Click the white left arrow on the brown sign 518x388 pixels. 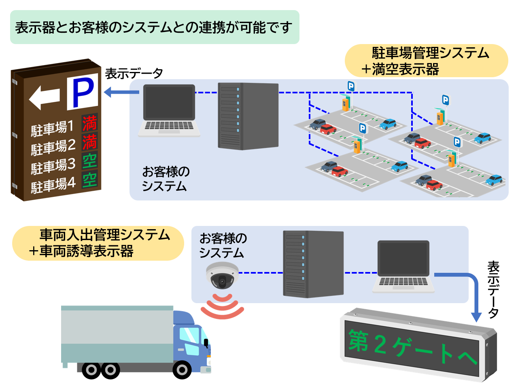[x=44, y=97]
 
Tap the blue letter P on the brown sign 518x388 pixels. [x=83, y=92]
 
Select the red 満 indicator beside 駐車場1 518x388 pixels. [x=89, y=123]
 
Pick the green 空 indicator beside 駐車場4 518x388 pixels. [x=89, y=179]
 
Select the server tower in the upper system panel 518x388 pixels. [x=248, y=116]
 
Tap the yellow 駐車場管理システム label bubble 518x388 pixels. [x=426, y=61]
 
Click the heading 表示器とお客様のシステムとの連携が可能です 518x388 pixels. [x=154, y=27]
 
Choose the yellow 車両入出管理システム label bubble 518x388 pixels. [x=98, y=243]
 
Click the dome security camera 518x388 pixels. [x=222, y=276]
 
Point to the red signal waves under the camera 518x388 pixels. [x=222, y=307]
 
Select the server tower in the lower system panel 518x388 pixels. [x=313, y=264]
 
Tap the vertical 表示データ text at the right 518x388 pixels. [x=493, y=289]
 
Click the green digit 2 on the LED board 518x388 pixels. [x=380, y=344]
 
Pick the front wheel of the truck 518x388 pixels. [x=182, y=369]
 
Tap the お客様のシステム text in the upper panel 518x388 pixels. [x=166, y=179]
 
